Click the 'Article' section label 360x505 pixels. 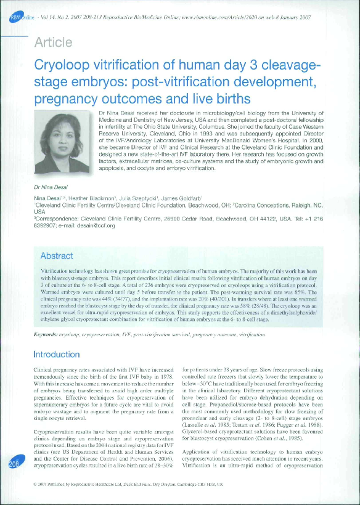(54, 42)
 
